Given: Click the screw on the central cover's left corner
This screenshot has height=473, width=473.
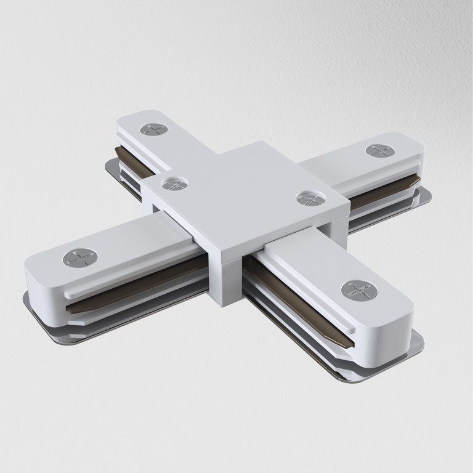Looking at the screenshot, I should tap(170, 183).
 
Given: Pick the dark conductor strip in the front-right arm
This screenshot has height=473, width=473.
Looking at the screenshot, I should tap(296, 296).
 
